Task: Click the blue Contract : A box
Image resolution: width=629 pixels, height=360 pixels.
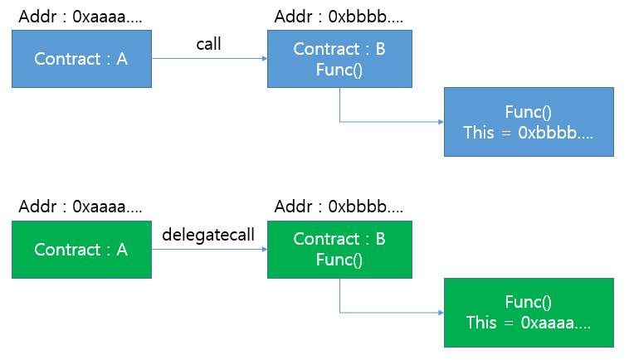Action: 81,59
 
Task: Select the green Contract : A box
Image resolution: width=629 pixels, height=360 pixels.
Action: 81,249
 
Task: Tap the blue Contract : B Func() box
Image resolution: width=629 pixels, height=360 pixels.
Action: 339,59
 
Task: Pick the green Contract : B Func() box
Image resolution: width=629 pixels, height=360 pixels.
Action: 339,249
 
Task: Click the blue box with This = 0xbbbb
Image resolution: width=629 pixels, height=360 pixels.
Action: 529,121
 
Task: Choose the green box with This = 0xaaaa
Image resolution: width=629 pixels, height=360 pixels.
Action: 529,312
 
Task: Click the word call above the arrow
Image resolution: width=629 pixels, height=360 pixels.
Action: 208,44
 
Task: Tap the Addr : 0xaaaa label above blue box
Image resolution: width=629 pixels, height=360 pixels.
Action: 80,16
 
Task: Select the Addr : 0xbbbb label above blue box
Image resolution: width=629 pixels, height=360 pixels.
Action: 339,16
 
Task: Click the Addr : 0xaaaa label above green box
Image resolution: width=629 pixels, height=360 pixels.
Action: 80,206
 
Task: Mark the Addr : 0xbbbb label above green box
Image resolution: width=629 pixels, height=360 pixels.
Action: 339,206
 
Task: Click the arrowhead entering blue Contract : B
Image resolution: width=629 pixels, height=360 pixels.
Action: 264,59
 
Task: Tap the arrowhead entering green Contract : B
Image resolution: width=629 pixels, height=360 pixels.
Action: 264,249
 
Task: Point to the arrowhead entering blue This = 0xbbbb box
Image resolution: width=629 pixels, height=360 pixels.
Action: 441,122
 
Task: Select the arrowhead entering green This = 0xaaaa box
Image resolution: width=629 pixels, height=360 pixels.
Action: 441,313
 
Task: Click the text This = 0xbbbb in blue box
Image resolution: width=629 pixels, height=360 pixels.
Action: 529,133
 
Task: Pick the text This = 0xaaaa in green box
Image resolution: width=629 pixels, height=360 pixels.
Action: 529,323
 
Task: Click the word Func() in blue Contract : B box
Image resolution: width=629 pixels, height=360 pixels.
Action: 339,69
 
